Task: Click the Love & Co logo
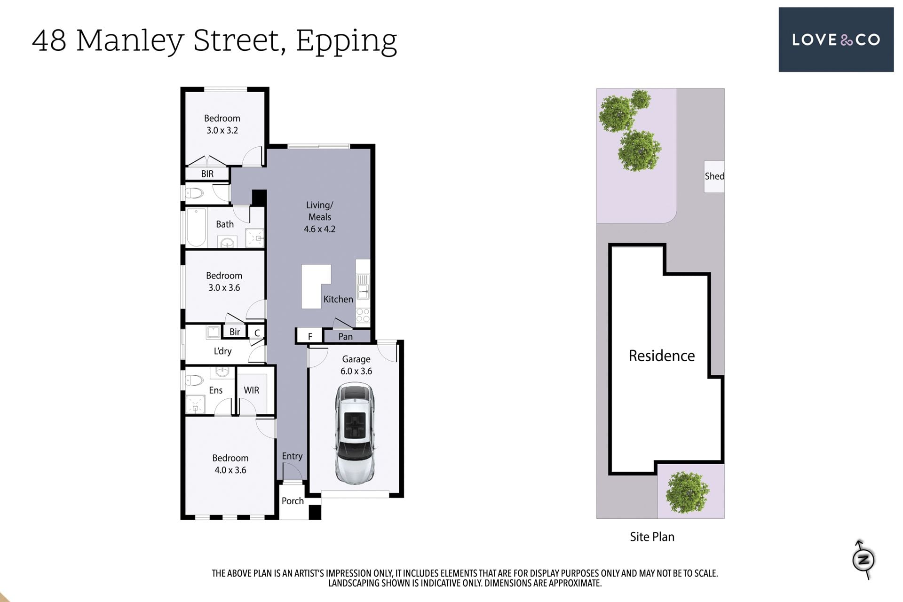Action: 836,40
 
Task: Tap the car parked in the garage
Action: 355,434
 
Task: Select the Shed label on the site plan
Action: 714,176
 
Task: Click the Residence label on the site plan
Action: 662,356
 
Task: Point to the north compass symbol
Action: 863,560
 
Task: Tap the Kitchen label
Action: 338,299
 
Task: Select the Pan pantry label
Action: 345,337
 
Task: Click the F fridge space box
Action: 310,336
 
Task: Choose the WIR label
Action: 251,390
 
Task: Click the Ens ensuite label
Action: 215,390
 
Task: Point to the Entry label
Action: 292,456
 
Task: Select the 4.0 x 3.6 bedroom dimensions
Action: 230,470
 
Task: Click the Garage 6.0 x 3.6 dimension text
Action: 356,371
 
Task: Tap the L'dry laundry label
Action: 222,351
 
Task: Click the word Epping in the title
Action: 347,41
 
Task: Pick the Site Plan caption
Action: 652,537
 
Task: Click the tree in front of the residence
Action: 687,492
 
